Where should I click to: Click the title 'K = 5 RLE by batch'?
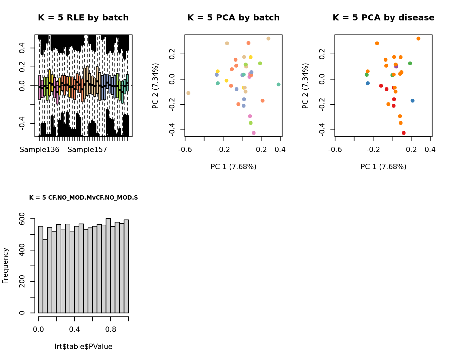pyautogui.click(x=83, y=18)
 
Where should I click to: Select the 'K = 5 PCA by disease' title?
pyautogui.click(x=383, y=18)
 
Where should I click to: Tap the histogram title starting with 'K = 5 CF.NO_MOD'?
pyautogui.click(x=83, y=198)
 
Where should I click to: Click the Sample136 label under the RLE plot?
pyautogui.click(x=40, y=150)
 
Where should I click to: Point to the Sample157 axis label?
pyautogui.click(x=87, y=150)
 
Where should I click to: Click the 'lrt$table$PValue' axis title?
pyautogui.click(x=83, y=347)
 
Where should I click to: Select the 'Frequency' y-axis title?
pyautogui.click(x=5, y=266)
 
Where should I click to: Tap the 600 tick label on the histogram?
pyautogui.click(x=22, y=219)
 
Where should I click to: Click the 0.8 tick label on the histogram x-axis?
pyautogui.click(x=111, y=330)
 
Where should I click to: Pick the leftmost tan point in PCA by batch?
pyautogui.click(x=189, y=93)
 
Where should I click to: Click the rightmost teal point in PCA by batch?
pyautogui.click(x=279, y=84)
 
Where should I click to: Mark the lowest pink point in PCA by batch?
pyautogui.click(x=253, y=133)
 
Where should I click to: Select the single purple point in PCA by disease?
pyautogui.click(x=396, y=66)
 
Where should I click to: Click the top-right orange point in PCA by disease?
pyautogui.click(x=418, y=39)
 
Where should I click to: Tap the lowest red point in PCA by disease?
pyautogui.click(x=403, y=133)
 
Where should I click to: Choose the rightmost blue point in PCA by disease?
pyautogui.click(x=412, y=101)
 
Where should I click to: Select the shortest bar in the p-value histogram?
pyautogui.click(x=45, y=276)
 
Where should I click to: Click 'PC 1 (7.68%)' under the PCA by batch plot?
pyautogui.click(x=233, y=167)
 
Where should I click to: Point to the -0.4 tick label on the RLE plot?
pyautogui.click(x=22, y=124)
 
